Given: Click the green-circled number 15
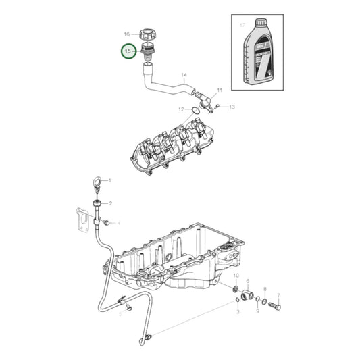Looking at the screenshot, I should point(127,51).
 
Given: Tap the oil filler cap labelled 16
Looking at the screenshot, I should point(149,34).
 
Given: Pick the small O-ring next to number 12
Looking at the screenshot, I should point(195,109).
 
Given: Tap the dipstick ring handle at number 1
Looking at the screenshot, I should point(99,181).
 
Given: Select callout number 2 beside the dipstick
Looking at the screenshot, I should point(111,203).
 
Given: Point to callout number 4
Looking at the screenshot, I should point(118,222).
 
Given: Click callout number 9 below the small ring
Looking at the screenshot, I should point(257,311).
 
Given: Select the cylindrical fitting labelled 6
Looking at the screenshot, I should point(247,295).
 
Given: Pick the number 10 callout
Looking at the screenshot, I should point(236,277).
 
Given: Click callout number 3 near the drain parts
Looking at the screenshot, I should point(237,311).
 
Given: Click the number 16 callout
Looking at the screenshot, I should point(127,34).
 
